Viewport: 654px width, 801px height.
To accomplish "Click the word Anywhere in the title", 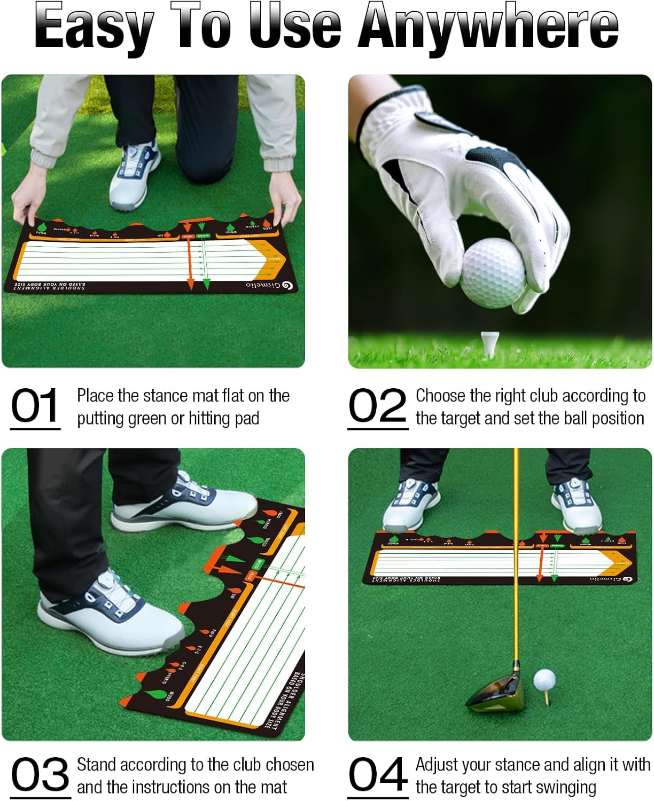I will coord(488,27).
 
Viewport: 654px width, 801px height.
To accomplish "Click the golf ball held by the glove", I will coord(492,273).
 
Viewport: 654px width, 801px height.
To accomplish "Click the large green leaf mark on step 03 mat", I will coord(157,694).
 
